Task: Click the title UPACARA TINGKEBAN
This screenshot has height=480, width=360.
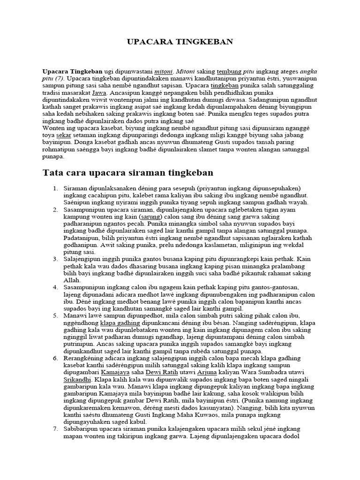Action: point(180,42)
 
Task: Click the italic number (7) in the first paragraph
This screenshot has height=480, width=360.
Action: point(59,79)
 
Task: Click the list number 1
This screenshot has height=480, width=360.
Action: point(55,188)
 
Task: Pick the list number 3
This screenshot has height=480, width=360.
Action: point(55,259)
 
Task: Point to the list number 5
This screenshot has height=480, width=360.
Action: point(55,315)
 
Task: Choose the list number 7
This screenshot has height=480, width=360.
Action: point(55,428)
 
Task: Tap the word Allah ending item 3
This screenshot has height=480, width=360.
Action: point(72,280)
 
